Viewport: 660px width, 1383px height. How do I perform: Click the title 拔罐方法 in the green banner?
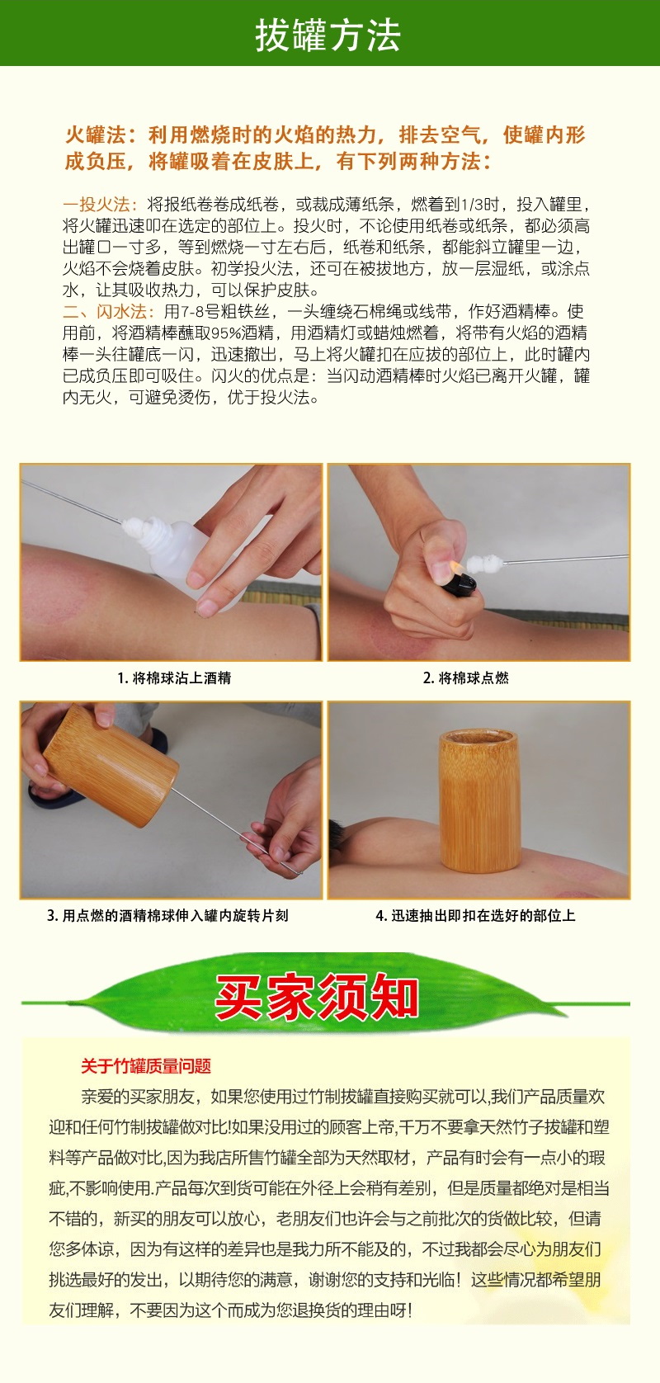(328, 35)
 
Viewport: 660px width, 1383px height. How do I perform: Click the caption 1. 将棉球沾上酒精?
(174, 678)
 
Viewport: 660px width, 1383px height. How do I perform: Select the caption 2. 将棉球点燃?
(465, 678)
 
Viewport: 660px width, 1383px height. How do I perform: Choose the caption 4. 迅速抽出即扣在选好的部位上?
(475, 916)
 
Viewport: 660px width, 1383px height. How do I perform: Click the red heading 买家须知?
(318, 997)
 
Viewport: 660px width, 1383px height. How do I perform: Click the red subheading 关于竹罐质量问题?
(146, 1066)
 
